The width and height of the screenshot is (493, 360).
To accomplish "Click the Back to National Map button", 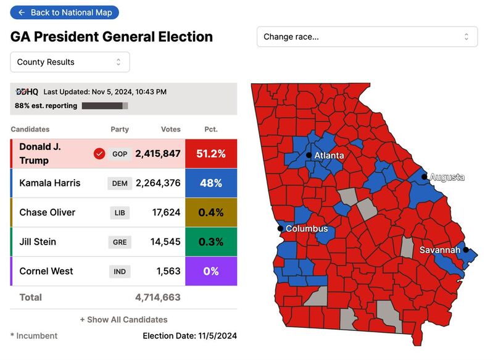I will pyautogui.click(x=65, y=12).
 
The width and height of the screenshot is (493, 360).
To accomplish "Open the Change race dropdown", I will pyautogui.click(x=367, y=36).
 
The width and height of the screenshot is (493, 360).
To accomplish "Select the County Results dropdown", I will pyautogui.click(x=70, y=62).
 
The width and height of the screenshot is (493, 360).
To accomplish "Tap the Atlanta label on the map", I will pyautogui.click(x=329, y=156).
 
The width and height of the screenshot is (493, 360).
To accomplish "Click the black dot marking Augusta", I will pyautogui.click(x=425, y=177).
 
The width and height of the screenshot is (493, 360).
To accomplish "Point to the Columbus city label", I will pyautogui.click(x=307, y=229).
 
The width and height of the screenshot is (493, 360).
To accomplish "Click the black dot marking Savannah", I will pyautogui.click(x=466, y=250).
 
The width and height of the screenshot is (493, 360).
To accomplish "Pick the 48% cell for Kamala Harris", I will pyautogui.click(x=211, y=183).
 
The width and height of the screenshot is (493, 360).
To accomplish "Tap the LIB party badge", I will pyautogui.click(x=120, y=213).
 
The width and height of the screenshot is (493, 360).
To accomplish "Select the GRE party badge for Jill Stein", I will pyautogui.click(x=120, y=242).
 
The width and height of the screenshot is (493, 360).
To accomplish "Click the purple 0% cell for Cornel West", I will pyautogui.click(x=211, y=271).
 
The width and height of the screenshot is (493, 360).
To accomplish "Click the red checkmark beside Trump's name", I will pyautogui.click(x=99, y=154).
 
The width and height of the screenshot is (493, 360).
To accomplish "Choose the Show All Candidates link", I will pyautogui.click(x=123, y=320).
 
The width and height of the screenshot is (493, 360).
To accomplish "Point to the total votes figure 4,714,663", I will pyautogui.click(x=158, y=298).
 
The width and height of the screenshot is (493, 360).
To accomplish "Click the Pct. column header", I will pyautogui.click(x=211, y=130).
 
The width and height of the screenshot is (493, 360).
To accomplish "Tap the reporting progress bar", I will pyautogui.click(x=105, y=106).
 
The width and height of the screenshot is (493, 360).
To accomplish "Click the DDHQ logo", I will pyautogui.click(x=27, y=92).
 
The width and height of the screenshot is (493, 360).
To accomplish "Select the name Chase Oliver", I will pyautogui.click(x=48, y=212).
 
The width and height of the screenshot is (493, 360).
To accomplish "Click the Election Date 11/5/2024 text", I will pyautogui.click(x=189, y=336).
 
